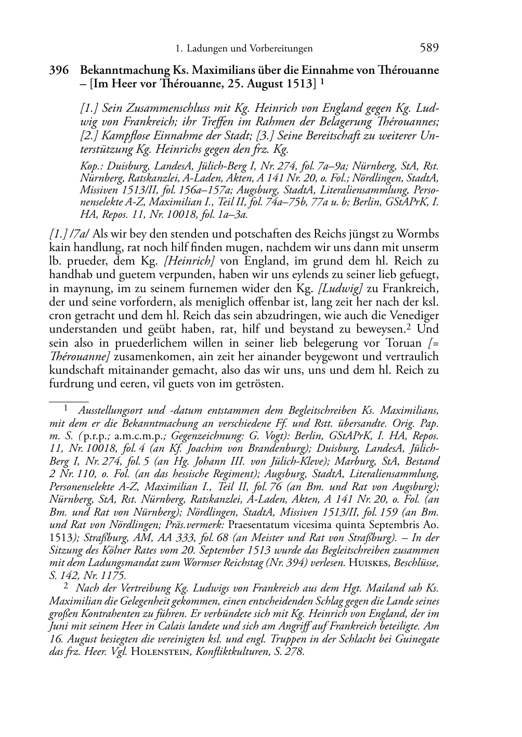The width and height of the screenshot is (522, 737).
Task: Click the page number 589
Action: (x=429, y=48)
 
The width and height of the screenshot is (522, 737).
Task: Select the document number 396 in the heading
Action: (x=59, y=70)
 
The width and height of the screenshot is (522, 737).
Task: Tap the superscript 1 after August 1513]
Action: (x=323, y=82)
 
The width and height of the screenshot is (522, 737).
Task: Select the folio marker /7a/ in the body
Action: (x=82, y=234)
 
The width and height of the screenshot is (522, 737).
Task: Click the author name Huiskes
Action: (x=369, y=562)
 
